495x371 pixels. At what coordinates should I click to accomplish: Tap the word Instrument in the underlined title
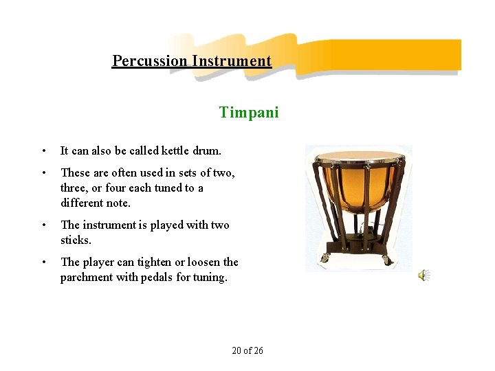pos(232,60)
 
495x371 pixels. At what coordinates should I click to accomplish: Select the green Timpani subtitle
pos(249,112)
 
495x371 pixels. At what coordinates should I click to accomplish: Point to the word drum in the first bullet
pos(205,150)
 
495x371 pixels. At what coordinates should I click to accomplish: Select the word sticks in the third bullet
pos(76,240)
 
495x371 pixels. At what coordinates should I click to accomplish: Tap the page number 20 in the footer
pos(236,350)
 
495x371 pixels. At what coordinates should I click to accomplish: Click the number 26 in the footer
pos(258,350)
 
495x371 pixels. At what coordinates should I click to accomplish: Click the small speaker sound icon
pos(423,276)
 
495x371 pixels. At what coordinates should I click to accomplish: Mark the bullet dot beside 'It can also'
pos(43,150)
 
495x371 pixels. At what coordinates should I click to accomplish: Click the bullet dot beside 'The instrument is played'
pos(43,225)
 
